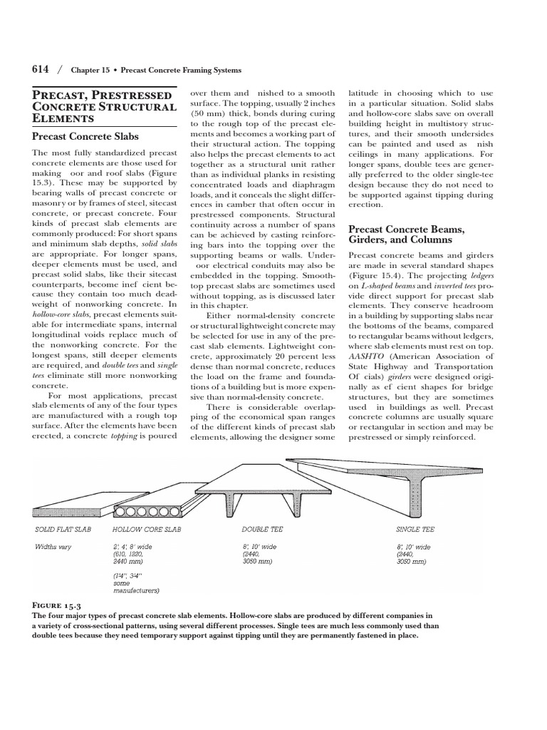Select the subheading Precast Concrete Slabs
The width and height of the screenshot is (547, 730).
[x=85, y=136]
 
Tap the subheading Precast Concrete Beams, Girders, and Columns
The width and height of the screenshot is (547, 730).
[x=406, y=235]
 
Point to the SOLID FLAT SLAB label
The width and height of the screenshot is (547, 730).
[x=63, y=530]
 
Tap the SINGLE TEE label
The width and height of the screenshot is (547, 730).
[x=415, y=530]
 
